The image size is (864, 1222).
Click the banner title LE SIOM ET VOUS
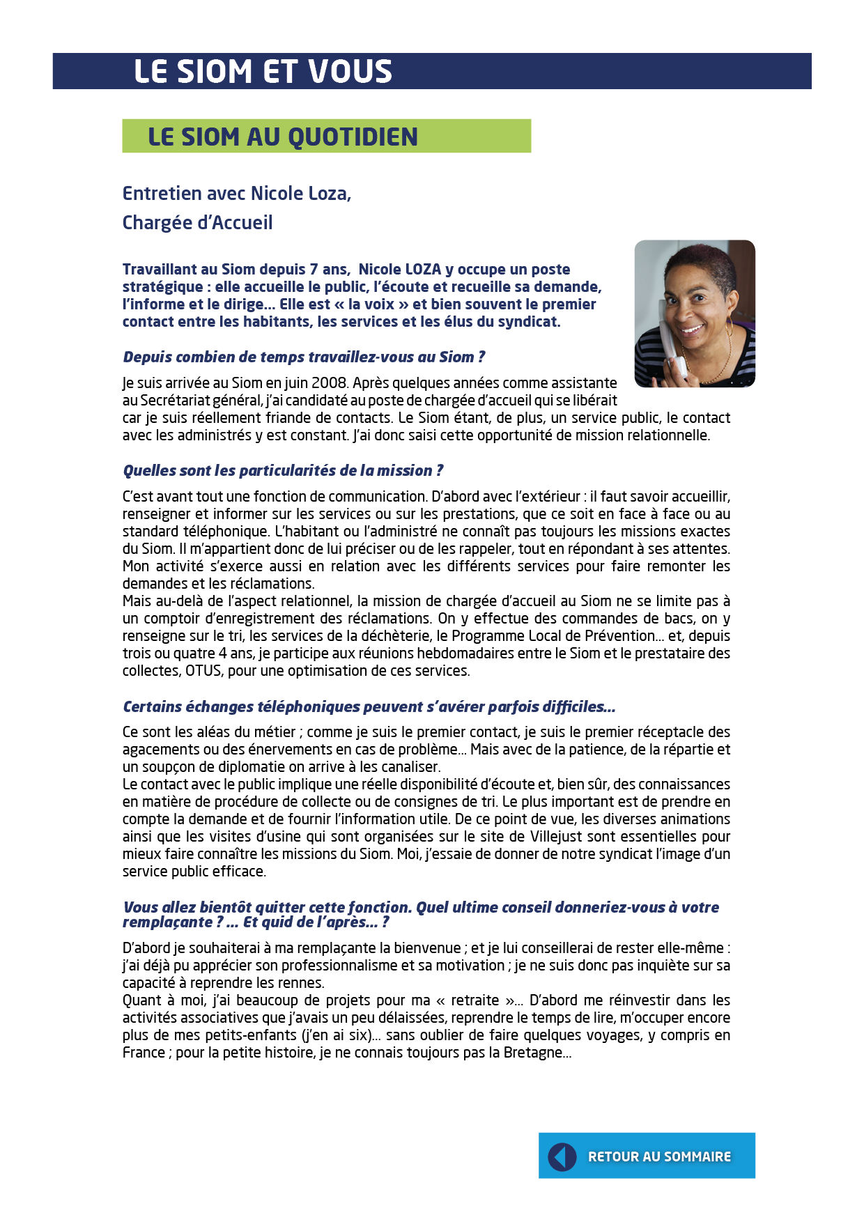263,71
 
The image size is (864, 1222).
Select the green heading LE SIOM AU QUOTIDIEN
282,137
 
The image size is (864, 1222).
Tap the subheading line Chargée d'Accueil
197,222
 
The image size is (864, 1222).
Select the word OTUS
203,671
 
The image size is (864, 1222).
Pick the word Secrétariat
176,401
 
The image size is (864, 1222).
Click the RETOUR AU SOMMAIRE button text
659,1157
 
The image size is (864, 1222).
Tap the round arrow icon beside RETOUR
562,1157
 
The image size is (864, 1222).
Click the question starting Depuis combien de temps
304,357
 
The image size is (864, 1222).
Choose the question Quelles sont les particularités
283,471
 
